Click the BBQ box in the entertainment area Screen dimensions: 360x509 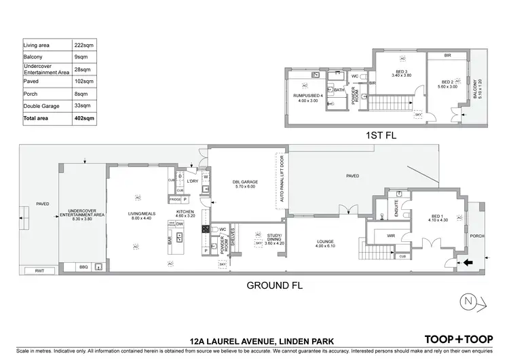point(84,267)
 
